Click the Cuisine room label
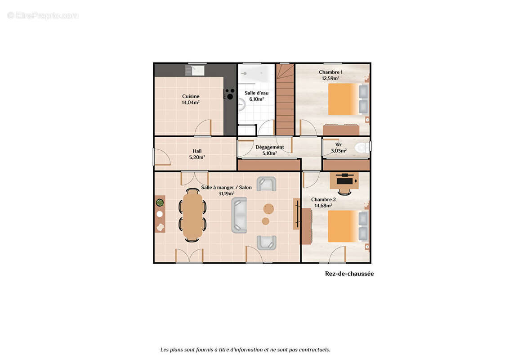pyautogui.click(x=191, y=96)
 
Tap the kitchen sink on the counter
pyautogui.click(x=197, y=71)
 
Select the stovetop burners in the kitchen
pyautogui.click(x=230, y=94)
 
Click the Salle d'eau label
pyautogui.click(x=256, y=93)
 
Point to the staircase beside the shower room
pyautogui.click(x=285, y=100)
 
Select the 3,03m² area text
pyautogui.click(x=339, y=151)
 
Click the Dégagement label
pyautogui.click(x=269, y=147)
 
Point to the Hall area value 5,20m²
pyautogui.click(x=197, y=157)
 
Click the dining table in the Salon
pyautogui.click(x=193, y=215)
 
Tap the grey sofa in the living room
pyautogui.click(x=240, y=215)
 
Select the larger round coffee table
pyautogui.click(x=269, y=208)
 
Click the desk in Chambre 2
pyautogui.click(x=344, y=181)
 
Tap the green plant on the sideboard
pyautogui.click(x=160, y=202)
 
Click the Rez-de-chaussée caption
pyautogui.click(x=349, y=274)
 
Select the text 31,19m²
pyautogui.click(x=227, y=193)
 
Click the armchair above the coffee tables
pyautogui.click(x=266, y=184)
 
